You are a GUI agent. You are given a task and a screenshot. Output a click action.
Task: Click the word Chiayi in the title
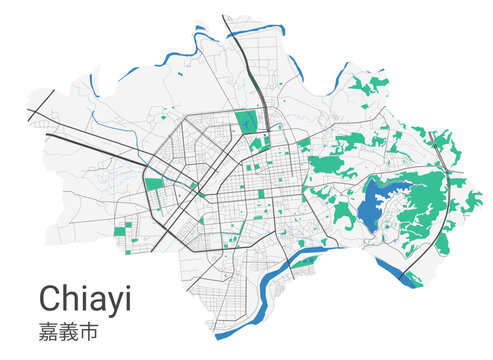point(85,297)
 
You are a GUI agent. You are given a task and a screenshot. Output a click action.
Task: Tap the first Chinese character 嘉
point(49,328)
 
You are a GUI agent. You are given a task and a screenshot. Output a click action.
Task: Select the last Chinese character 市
point(95,328)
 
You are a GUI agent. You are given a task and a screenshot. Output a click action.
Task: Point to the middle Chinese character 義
point(72,328)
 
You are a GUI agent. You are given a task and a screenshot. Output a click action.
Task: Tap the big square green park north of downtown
point(246,122)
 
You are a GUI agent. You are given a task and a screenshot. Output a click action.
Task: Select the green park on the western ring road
point(154,184)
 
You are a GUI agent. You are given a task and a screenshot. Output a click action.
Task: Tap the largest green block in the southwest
point(128,222)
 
